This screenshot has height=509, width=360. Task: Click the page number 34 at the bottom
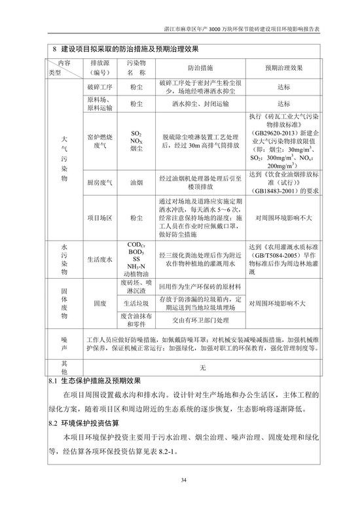pos(184,480)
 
